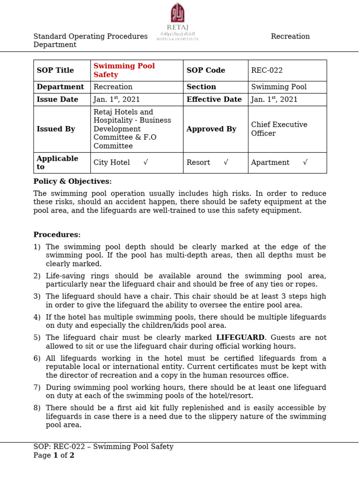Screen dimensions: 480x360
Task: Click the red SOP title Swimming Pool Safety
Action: tap(124, 70)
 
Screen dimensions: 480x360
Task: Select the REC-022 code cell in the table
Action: tap(267, 70)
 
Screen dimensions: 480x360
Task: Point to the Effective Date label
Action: tap(214, 99)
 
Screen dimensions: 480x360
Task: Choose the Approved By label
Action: tap(211, 129)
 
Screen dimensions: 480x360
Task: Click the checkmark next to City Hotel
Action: tap(146, 162)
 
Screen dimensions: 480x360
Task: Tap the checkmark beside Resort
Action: tap(226, 162)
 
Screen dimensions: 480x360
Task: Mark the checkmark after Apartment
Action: tap(305, 162)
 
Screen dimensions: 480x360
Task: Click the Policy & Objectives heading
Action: tap(72, 181)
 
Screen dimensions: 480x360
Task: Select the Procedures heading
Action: tap(57, 235)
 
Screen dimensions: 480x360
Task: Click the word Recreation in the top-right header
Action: tap(290, 37)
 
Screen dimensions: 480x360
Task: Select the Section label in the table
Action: tap(201, 87)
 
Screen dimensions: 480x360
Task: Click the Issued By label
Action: tap(56, 129)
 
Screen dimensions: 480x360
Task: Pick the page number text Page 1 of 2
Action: tap(54, 455)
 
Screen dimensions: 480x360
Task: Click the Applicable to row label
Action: tap(57, 163)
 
